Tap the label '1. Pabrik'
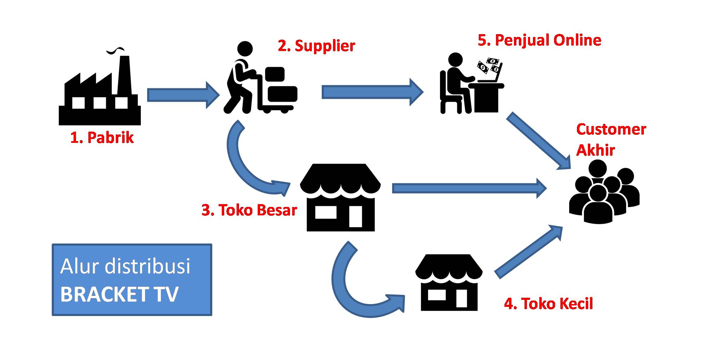[x=102, y=138]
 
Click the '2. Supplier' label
[x=316, y=46]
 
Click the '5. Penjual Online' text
[x=539, y=40]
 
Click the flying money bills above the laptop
[x=489, y=65]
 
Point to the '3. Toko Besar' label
[x=249, y=210]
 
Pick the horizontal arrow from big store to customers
[x=468, y=188]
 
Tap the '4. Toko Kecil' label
[x=548, y=303]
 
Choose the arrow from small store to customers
[x=528, y=252]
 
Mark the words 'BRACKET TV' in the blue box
[x=120, y=294]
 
